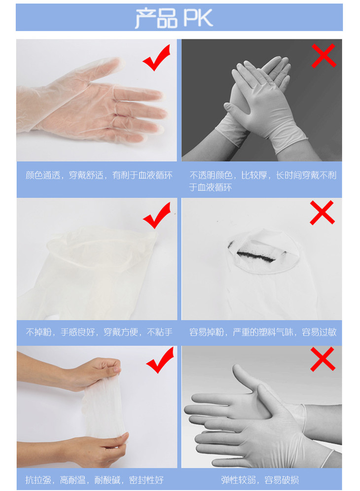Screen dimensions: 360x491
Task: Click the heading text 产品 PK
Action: [174, 18]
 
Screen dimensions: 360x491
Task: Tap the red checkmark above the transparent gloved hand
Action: [157, 58]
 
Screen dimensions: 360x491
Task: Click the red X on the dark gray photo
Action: [324, 56]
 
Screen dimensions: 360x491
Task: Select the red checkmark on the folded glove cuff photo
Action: [157, 215]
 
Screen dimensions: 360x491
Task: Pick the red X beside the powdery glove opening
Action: [322, 212]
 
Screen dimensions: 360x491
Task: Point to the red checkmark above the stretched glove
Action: [160, 360]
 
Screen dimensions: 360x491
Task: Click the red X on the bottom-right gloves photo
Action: [323, 359]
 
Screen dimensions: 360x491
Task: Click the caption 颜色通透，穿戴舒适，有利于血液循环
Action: [99, 175]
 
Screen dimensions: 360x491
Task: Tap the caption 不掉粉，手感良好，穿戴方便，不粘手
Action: [99, 332]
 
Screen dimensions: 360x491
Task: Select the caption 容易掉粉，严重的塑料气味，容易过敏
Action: [263, 332]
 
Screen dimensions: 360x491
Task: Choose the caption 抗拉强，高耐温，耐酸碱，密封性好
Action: [94, 480]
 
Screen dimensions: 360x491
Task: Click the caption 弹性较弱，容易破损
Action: [260, 480]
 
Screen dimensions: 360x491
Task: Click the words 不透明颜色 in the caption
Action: [211, 175]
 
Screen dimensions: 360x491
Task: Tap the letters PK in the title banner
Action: [198, 18]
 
